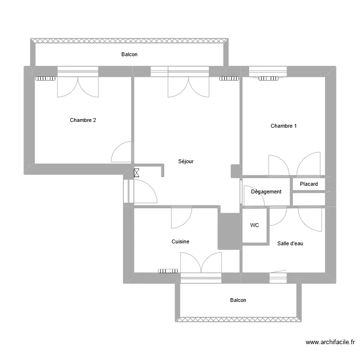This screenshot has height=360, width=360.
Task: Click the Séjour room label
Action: [x=185, y=162]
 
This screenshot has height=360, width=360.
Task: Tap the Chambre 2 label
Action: [x=83, y=120]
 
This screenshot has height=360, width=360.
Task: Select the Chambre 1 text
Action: [x=283, y=126]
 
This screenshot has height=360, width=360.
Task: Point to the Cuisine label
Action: [x=180, y=242]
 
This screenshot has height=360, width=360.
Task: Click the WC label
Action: [x=254, y=225]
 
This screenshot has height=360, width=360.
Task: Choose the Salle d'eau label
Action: [x=290, y=243]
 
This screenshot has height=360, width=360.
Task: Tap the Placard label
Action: [x=309, y=184]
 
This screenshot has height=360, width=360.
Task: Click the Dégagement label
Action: [x=266, y=192]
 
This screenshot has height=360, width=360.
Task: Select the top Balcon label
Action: [x=129, y=54]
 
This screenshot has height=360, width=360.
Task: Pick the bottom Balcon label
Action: [x=238, y=300]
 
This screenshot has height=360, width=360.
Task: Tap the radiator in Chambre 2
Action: [x=45, y=79]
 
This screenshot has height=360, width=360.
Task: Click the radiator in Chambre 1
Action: [x=269, y=79]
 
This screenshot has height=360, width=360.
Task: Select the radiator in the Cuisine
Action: [x=168, y=271]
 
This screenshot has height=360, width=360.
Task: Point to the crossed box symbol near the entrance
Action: [x=137, y=173]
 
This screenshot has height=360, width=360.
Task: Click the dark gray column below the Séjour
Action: [x=228, y=231]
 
